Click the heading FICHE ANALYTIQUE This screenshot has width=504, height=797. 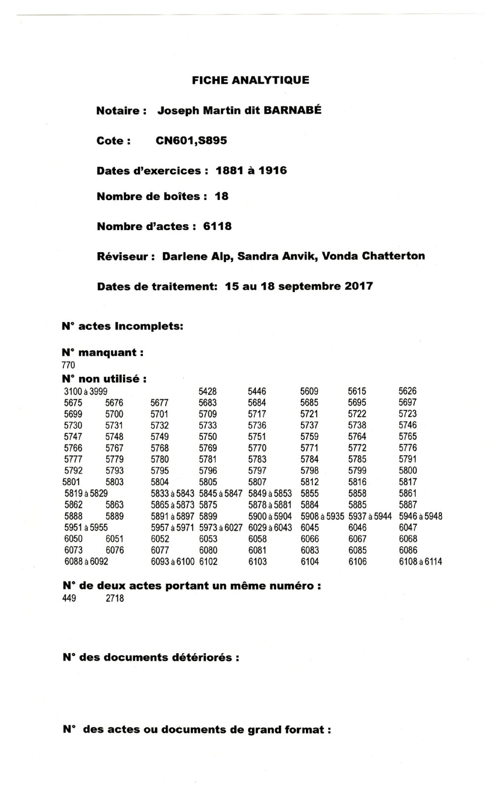(x=250, y=80)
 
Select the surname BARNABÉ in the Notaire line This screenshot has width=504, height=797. (x=293, y=110)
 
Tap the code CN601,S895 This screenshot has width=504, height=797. (x=191, y=141)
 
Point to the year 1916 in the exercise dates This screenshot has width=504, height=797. (x=272, y=171)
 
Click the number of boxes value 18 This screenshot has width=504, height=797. (x=222, y=197)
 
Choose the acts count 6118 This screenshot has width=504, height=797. (x=217, y=227)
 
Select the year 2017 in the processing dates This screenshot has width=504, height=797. (x=359, y=286)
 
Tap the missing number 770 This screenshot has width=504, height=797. (x=68, y=365)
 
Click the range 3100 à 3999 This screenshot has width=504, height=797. (x=86, y=392)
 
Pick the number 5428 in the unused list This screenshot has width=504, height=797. (x=207, y=392)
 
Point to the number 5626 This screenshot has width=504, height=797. (x=407, y=392)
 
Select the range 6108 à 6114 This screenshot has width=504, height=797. (x=420, y=562)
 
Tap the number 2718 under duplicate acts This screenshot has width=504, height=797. (x=115, y=599)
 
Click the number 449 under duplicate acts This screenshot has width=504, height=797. (x=69, y=599)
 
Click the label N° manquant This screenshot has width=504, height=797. (x=103, y=353)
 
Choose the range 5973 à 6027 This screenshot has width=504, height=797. (x=221, y=528)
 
